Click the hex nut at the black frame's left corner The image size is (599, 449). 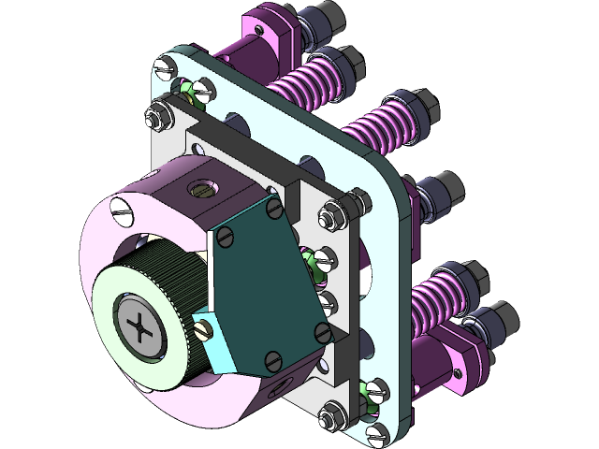pos(153,119)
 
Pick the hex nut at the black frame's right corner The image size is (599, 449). pos(353,198)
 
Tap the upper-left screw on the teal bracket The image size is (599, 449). pos(226,239)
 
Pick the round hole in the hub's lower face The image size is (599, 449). pos(271,393)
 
